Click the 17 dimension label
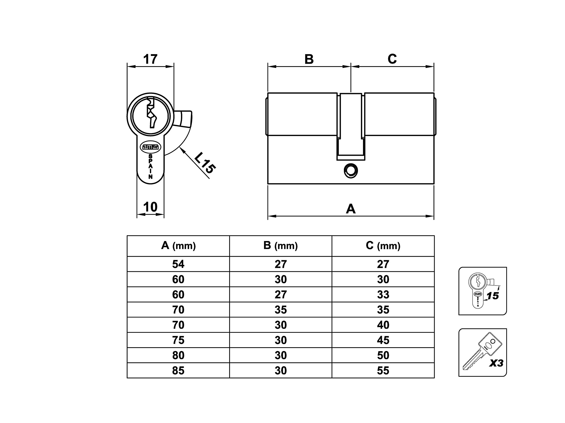[150, 59]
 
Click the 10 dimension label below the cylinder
[150, 207]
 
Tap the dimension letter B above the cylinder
[309, 59]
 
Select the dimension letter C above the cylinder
[392, 59]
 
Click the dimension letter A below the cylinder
[351, 209]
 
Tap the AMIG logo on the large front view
[151, 147]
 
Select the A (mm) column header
[178, 246]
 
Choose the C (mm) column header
[383, 246]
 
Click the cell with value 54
[178, 264]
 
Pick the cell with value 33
[383, 295]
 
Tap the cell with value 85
[178, 371]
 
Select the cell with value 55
[383, 371]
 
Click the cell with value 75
[178, 340]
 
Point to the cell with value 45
[383, 340]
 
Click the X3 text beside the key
[496, 363]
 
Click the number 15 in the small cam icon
[493, 296]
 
